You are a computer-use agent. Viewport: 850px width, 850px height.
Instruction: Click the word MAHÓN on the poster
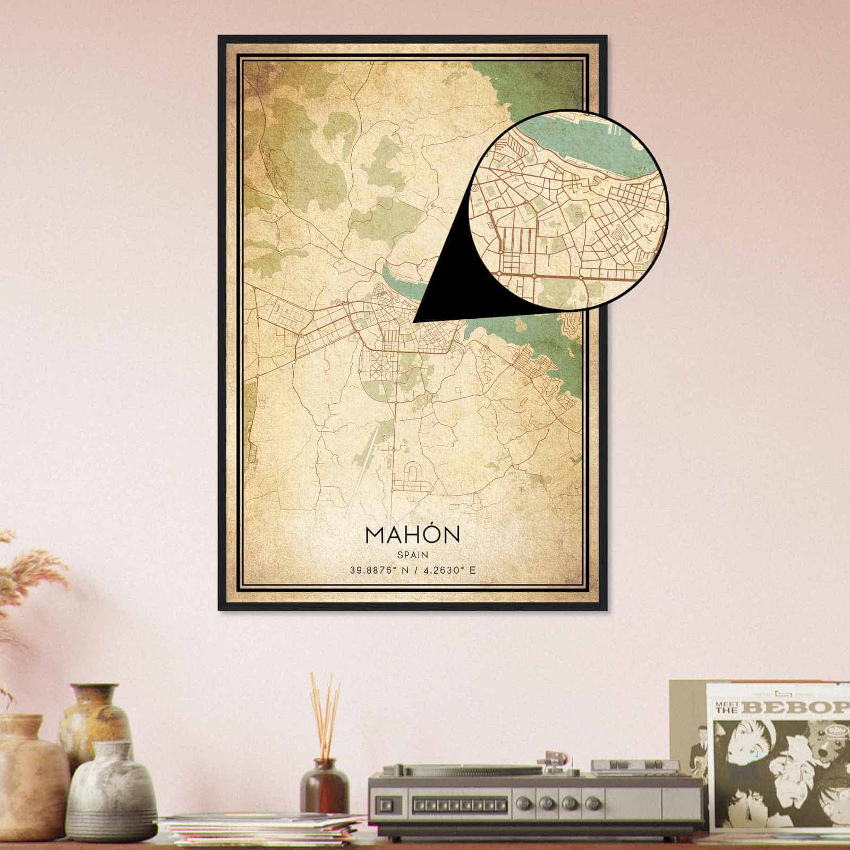(x=412, y=534)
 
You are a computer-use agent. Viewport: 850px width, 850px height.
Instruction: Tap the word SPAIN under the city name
(x=412, y=554)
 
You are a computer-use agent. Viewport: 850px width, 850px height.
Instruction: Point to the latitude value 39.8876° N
(x=378, y=571)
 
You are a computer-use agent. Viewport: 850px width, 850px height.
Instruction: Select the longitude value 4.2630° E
(x=448, y=571)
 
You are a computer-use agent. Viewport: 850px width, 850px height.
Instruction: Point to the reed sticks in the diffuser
(x=325, y=712)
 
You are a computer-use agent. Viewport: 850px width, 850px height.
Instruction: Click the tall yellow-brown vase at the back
(x=96, y=717)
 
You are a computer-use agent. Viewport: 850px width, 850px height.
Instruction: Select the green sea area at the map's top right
(x=531, y=85)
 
